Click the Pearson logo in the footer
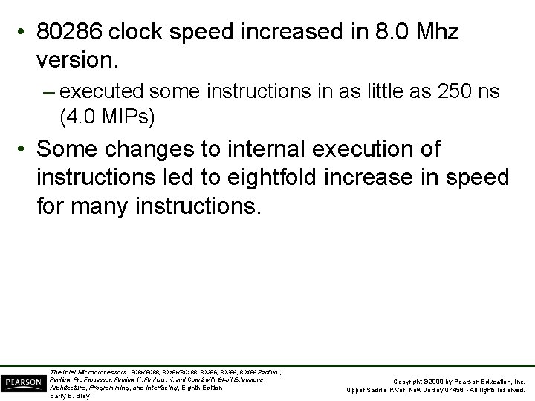coord(22,380)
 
